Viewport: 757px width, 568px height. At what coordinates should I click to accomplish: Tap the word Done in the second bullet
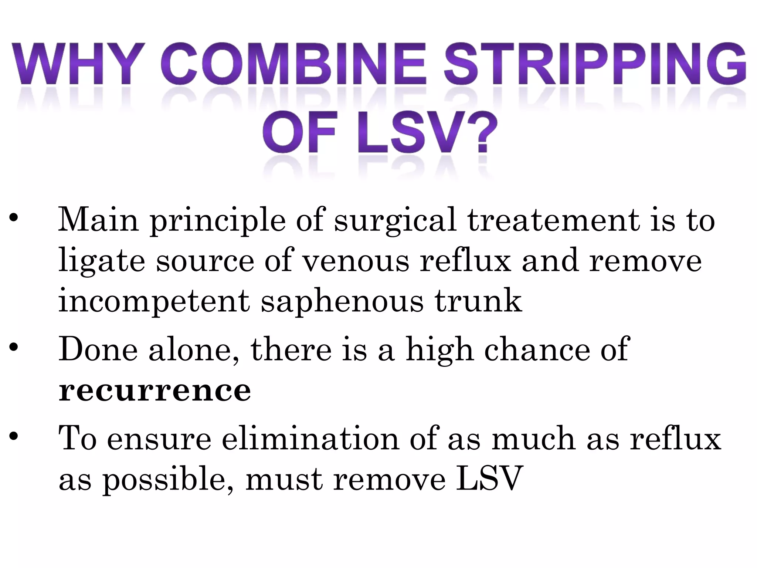[98, 350]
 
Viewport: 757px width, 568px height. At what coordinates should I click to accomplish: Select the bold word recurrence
[155, 390]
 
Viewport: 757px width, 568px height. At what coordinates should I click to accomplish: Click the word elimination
[310, 439]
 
